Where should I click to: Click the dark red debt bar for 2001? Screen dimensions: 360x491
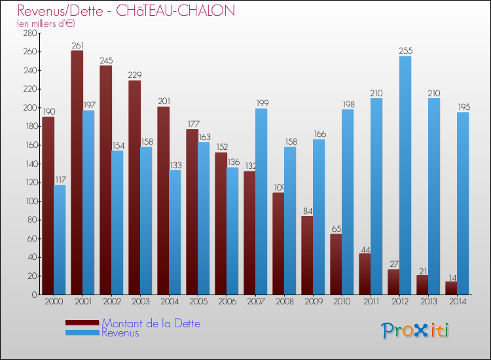tap(77, 173)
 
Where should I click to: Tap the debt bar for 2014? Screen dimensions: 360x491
tap(451, 288)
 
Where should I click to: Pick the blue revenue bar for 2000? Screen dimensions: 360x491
tap(60, 240)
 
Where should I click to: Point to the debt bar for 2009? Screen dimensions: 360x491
tap(307, 255)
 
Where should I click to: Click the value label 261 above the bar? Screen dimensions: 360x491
tap(77, 46)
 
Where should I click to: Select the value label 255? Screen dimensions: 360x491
tap(405, 50)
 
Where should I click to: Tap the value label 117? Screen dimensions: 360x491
tap(60, 179)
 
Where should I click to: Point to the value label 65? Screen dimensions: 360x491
tap(336, 229)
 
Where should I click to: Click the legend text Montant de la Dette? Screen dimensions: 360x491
tap(151, 323)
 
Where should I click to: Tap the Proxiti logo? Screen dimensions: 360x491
tap(416, 331)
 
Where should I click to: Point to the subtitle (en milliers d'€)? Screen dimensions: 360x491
tap(46, 24)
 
